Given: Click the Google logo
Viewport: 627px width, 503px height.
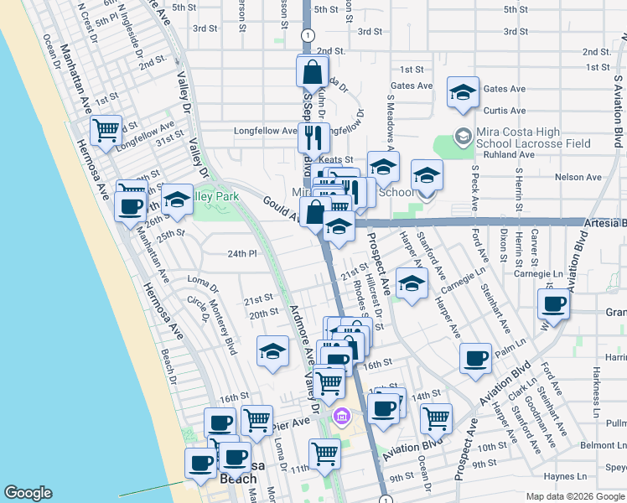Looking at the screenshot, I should [x=28, y=493].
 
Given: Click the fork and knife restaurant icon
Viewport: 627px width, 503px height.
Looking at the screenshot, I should [x=313, y=137].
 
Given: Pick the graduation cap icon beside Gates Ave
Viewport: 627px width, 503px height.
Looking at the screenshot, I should [x=462, y=95].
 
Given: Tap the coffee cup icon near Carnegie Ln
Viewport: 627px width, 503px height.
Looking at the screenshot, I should [x=553, y=305].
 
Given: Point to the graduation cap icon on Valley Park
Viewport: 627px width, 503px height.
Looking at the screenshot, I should [x=177, y=200].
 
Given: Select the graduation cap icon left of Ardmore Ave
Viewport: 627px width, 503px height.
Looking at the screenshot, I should [x=272, y=353].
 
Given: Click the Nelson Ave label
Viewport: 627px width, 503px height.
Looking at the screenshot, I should [x=583, y=178].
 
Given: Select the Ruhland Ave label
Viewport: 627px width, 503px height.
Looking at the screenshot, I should [x=503, y=154].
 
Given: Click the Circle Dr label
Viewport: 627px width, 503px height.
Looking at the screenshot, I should [x=200, y=309].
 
